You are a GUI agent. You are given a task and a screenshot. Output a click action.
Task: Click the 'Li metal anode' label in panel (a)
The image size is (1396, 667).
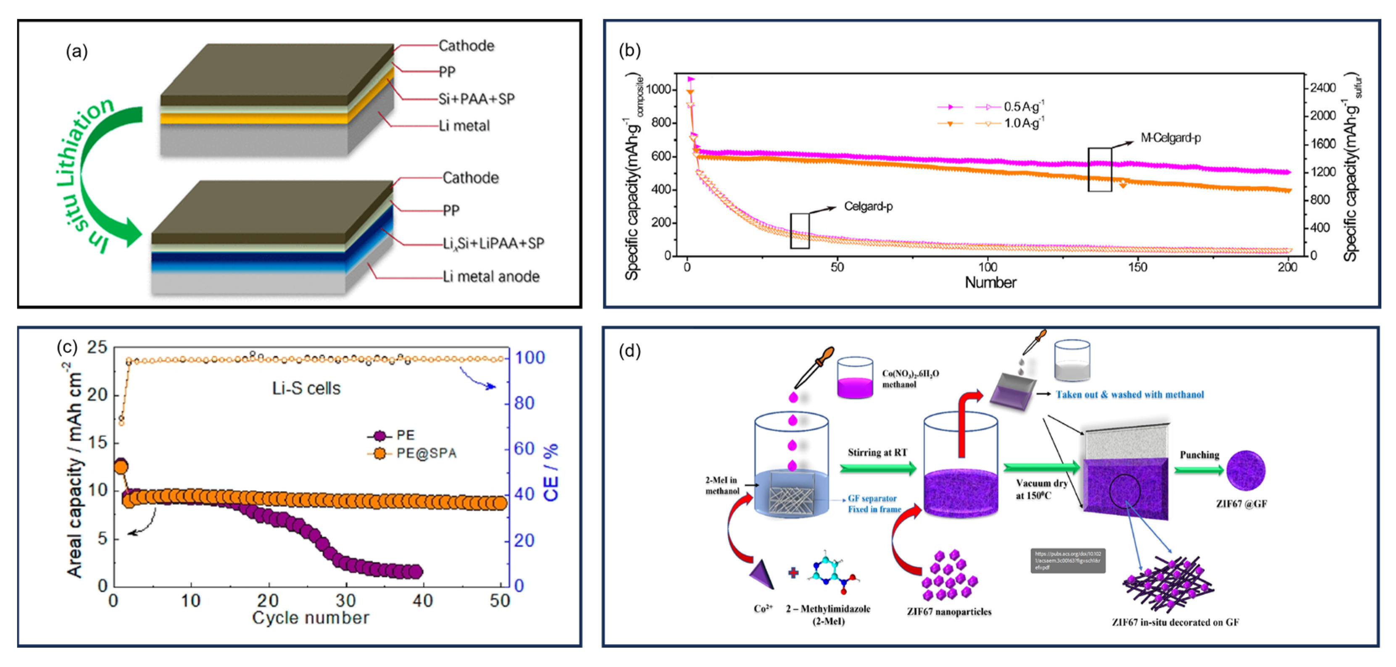491,277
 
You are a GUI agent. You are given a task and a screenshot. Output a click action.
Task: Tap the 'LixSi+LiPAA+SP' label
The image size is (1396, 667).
493,243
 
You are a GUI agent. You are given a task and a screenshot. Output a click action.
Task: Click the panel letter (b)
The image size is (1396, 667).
630,50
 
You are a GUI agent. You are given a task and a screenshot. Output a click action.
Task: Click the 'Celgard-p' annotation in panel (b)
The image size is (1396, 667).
868,206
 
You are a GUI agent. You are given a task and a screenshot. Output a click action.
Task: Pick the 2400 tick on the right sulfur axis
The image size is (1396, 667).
1323,88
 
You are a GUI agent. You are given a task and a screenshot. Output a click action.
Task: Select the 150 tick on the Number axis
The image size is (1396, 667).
1137,267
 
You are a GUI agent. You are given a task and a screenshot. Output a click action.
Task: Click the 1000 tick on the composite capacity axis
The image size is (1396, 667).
658,89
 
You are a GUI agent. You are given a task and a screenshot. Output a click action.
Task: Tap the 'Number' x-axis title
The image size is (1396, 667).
990,282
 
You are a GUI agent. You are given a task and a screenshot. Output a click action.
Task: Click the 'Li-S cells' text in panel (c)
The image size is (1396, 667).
306,388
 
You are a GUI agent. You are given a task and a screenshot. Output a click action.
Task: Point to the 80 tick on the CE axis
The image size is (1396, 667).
524,403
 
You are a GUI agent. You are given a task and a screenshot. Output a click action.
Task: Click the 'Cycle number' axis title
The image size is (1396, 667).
311,618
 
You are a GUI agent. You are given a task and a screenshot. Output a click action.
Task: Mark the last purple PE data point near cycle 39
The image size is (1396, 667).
416,571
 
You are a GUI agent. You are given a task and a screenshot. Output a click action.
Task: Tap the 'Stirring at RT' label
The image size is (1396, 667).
877,452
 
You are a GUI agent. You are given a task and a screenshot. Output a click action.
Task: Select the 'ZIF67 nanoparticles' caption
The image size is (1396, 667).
949,612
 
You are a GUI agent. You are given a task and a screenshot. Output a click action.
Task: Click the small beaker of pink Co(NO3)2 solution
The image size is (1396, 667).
855,378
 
